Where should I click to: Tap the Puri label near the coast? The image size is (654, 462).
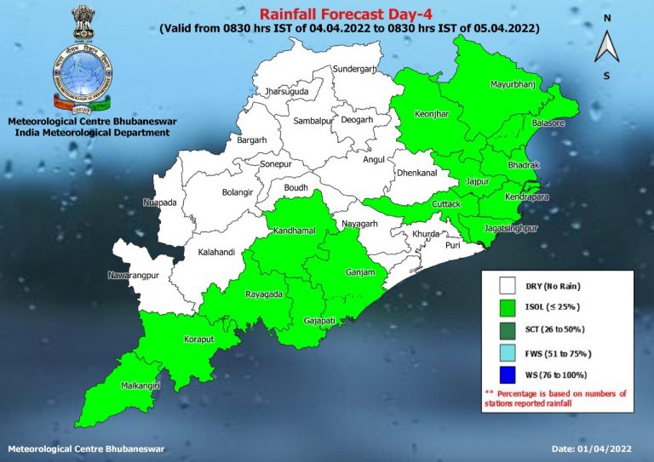pyautogui.click(x=452, y=245)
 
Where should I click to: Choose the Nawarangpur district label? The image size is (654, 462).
pyautogui.click(x=135, y=276)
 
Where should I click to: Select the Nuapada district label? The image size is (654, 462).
pyautogui.click(x=158, y=202)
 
